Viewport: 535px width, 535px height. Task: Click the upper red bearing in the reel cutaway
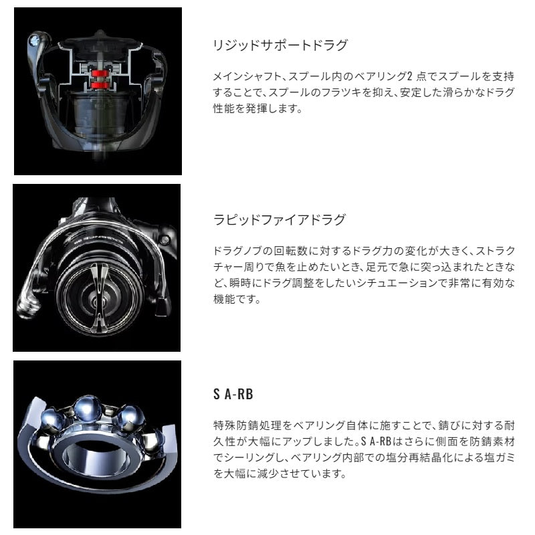(99, 73)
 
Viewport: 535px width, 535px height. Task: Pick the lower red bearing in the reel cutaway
(99, 85)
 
